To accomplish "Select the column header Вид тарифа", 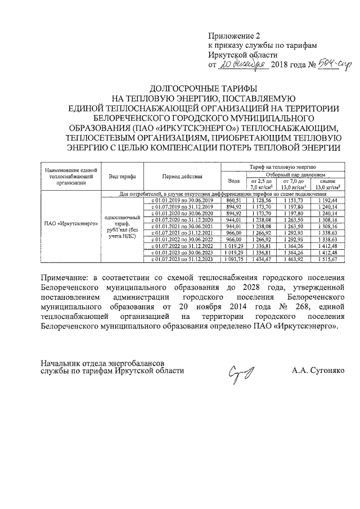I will (122, 176).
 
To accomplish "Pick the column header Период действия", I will (182, 176).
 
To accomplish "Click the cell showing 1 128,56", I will (261, 200).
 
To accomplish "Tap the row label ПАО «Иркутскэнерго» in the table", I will (71, 223).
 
